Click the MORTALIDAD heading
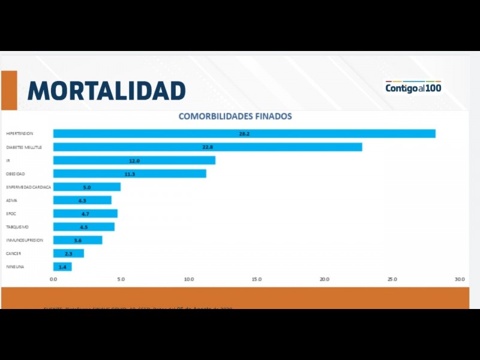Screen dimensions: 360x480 tap(106, 91)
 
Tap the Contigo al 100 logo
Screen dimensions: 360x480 tap(413, 88)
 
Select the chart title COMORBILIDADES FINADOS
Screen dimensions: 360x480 tap(235, 116)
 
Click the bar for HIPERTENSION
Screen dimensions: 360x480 tap(244, 133)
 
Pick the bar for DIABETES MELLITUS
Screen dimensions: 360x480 tap(208, 147)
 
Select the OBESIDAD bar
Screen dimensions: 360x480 tap(130, 174)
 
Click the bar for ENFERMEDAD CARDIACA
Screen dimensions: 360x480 tap(87, 187)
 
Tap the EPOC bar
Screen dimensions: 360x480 tap(85, 214)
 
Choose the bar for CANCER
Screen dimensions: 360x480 tap(68, 253)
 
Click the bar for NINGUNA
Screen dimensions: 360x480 tap(62, 266)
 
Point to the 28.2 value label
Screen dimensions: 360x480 tap(244, 134)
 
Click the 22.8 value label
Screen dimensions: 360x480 tap(208, 147)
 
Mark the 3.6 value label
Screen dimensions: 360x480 tap(77, 240)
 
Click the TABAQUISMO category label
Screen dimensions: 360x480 tap(17, 227)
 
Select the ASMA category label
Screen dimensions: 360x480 tap(11, 200)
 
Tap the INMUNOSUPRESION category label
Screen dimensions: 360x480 tap(25, 240)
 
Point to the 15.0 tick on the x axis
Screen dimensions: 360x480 tap(257, 279)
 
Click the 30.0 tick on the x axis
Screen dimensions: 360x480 tap(460, 279)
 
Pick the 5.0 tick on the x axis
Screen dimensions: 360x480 tap(121, 279)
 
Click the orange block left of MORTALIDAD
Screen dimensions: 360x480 tap(9, 90)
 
